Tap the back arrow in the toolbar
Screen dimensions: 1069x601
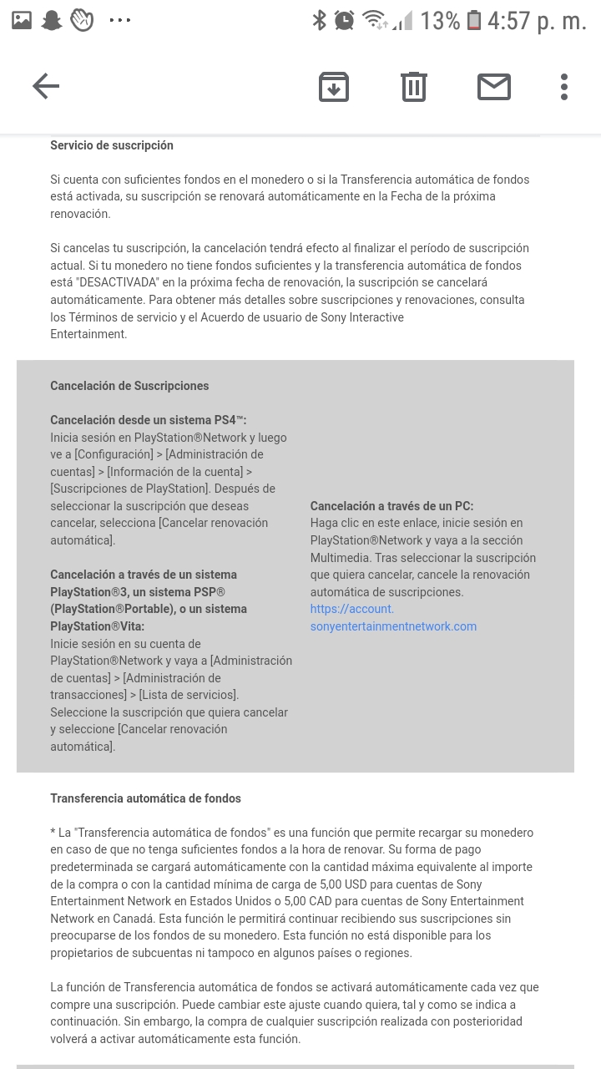[46, 86]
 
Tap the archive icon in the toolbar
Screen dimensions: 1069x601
[334, 87]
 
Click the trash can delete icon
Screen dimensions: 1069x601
[414, 87]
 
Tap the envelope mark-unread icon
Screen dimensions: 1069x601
[494, 87]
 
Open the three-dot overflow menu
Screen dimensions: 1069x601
[564, 87]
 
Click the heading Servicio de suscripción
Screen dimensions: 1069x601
[112, 145]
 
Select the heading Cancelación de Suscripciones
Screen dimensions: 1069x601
[129, 386]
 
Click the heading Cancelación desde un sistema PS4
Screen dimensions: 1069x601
[148, 420]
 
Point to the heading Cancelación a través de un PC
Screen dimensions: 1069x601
[391, 506]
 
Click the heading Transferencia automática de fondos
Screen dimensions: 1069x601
[145, 798]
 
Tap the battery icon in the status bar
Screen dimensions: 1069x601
[474, 21]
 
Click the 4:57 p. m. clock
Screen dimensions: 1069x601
[538, 21]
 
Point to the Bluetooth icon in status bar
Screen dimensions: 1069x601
[319, 21]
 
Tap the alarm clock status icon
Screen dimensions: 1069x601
[345, 21]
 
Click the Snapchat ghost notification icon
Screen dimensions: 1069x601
[52, 21]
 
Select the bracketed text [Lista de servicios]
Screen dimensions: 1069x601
[189, 695]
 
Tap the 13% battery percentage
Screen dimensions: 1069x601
[440, 21]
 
